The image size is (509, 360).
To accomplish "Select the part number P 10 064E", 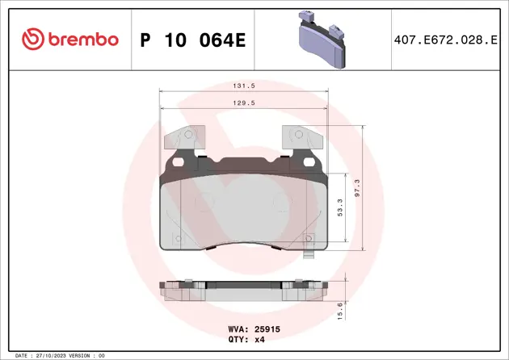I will (x=192, y=40).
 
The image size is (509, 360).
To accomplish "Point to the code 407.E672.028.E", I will (x=444, y=40).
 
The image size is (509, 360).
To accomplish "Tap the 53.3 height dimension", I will (x=339, y=207).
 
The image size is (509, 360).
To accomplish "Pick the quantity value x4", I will (x=259, y=340).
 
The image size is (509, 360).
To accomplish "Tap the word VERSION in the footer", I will (x=81, y=355).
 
